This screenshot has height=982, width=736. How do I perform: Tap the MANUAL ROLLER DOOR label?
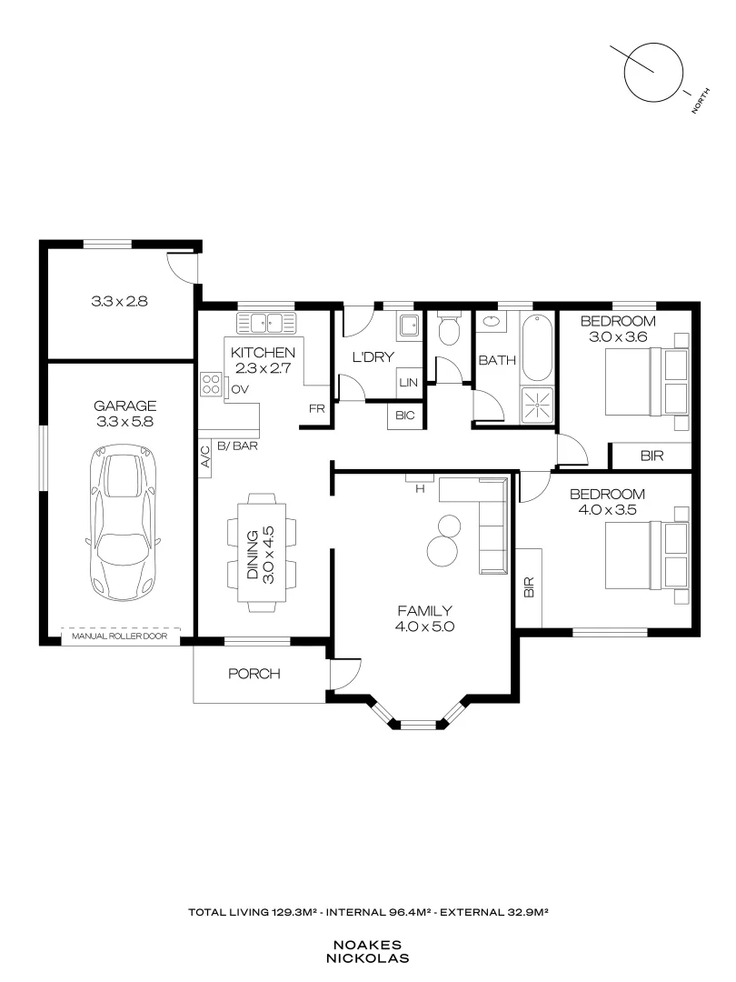click(x=120, y=637)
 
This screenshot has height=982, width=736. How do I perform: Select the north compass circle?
click(x=653, y=70)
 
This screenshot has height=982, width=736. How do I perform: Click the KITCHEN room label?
click(x=263, y=353)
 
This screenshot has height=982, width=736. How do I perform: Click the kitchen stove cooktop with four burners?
click(x=211, y=385)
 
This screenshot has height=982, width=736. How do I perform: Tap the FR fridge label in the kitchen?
click(x=316, y=409)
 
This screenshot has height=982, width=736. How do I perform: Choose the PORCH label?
click(x=254, y=674)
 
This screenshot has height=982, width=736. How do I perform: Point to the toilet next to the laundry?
click(x=448, y=331)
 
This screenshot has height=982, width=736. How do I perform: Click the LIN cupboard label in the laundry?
click(x=408, y=383)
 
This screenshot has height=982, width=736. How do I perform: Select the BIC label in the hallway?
click(x=405, y=416)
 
